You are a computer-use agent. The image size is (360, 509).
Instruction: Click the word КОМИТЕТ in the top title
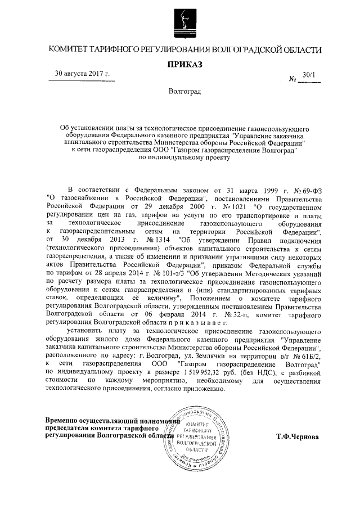click(x=74, y=50)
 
